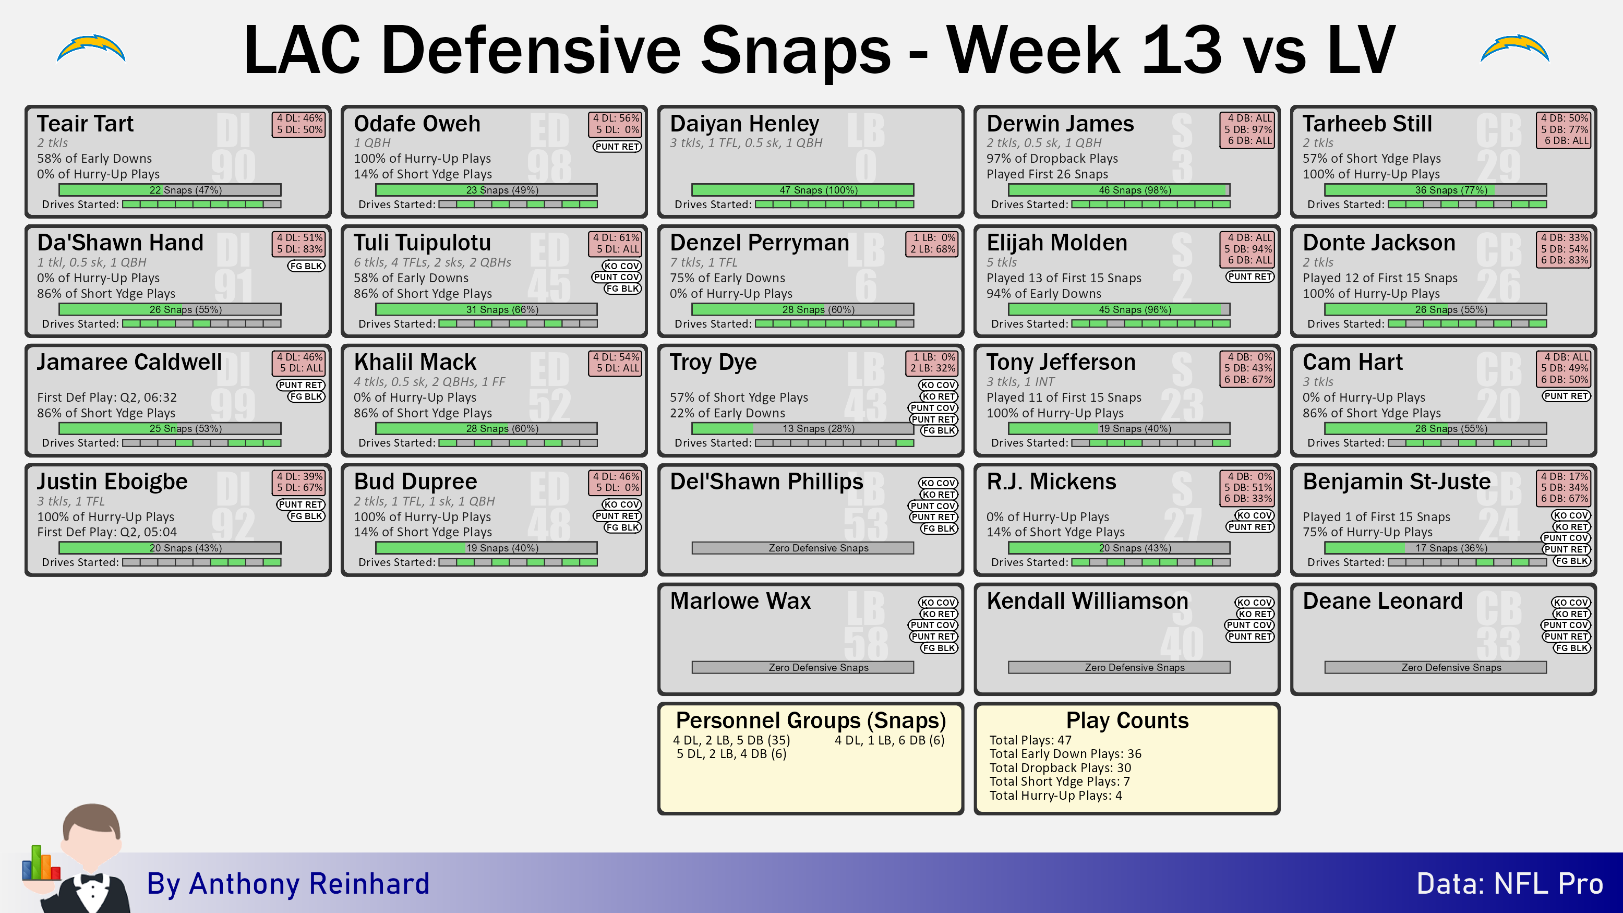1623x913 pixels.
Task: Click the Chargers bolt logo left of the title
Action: (91, 49)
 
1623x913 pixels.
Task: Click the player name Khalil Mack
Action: (415, 362)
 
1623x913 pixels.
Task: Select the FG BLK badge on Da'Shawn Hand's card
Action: (306, 266)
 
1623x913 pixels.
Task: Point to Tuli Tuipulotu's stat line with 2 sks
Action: (432, 262)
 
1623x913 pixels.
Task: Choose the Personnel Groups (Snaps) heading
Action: (811, 719)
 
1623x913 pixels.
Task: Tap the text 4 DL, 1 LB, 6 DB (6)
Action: (889, 740)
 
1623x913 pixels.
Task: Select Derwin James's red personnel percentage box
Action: (1247, 130)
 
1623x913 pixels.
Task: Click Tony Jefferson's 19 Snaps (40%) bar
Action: (1119, 428)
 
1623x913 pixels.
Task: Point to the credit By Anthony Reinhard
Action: (288, 883)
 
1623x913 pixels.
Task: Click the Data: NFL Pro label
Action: (1510, 883)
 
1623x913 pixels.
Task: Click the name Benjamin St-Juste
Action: (1396, 482)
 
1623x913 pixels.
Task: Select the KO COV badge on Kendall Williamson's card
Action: (1255, 603)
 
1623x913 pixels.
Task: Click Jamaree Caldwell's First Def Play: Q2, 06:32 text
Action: (106, 397)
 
